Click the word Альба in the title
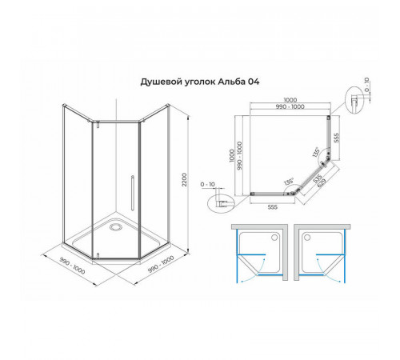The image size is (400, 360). pyautogui.click(x=232, y=82)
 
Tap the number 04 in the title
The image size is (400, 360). pyautogui.click(x=254, y=82)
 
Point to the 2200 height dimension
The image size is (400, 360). pyautogui.click(x=184, y=179)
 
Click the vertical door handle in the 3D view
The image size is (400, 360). pyautogui.click(x=133, y=193)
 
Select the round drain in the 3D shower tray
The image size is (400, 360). pyautogui.click(x=116, y=227)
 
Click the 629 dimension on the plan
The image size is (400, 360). pyautogui.click(x=322, y=183)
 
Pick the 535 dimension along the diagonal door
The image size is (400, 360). pyautogui.click(x=318, y=178)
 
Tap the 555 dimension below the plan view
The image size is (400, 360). pyautogui.click(x=273, y=207)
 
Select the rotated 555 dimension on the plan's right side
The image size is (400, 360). pyautogui.click(x=337, y=138)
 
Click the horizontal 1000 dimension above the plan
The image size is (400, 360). pyautogui.click(x=290, y=100)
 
